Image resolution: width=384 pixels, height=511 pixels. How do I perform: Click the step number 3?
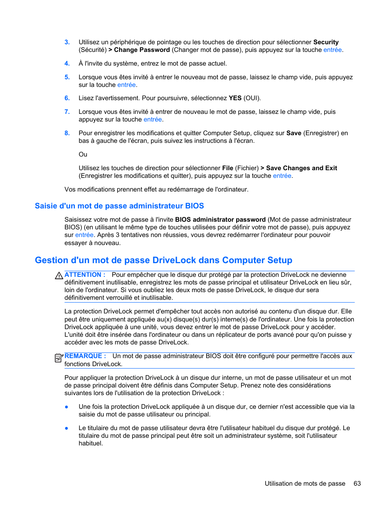point(67,42)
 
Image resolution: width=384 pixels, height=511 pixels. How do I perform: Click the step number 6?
point(67,98)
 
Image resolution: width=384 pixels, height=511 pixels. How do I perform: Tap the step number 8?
point(67,133)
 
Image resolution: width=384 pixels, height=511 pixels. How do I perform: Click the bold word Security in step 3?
point(326,42)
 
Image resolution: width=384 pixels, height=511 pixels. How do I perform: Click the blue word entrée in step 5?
point(126,85)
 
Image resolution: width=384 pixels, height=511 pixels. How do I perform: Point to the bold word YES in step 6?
point(235,98)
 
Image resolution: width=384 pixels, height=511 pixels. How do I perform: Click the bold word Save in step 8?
point(293,133)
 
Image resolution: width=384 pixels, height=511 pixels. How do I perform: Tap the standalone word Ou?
point(83,155)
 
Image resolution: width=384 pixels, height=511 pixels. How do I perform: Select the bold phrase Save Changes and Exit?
point(301,168)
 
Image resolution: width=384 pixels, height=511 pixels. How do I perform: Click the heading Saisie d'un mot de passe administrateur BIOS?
point(119,206)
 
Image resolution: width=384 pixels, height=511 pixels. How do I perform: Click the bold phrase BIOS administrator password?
point(220,220)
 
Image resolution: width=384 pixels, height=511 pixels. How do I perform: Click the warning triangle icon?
point(59,276)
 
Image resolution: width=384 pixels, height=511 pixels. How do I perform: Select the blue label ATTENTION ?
point(85,275)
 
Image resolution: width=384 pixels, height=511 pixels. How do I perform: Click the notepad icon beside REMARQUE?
point(59,357)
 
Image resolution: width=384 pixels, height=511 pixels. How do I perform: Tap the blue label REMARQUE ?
point(85,356)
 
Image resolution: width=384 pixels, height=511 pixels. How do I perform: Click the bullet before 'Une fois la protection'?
point(66,407)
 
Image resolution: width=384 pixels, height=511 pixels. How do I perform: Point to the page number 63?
point(357,484)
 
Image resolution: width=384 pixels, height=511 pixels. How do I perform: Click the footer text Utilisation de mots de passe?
point(305,484)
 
